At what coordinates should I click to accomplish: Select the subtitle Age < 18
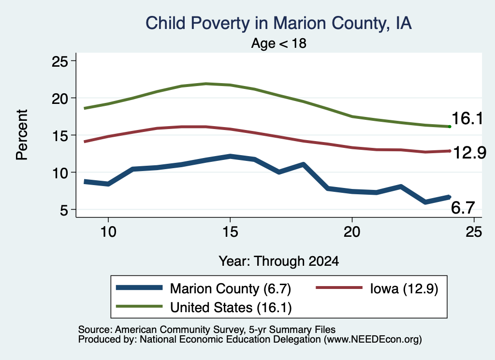[x=279, y=43]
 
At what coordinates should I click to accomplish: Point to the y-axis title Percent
[x=22, y=135]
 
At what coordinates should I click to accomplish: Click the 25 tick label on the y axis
[x=59, y=61]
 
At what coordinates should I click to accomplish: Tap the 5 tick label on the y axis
[x=64, y=210]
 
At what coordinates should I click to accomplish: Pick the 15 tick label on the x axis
[x=230, y=232]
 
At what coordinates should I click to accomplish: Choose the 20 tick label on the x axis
[x=352, y=232]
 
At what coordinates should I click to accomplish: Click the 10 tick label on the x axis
[x=108, y=232]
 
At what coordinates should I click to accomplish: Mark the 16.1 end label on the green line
[x=467, y=119]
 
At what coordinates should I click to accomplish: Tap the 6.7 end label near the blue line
[x=463, y=208]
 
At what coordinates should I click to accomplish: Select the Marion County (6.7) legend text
[x=231, y=288]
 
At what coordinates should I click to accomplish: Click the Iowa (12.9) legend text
[x=404, y=288]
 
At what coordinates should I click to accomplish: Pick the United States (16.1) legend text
[x=231, y=308]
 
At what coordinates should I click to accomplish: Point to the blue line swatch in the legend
[x=139, y=288]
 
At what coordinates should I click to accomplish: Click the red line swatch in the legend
[x=339, y=288]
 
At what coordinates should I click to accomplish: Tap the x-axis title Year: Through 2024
[x=279, y=261]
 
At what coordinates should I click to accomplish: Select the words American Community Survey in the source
[x=179, y=330]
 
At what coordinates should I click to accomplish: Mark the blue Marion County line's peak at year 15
[x=230, y=156]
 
